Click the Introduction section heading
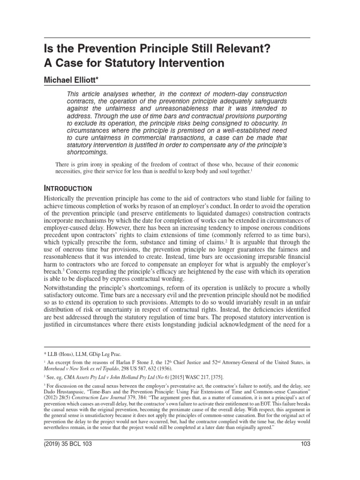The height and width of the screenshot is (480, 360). click(x=67, y=188)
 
